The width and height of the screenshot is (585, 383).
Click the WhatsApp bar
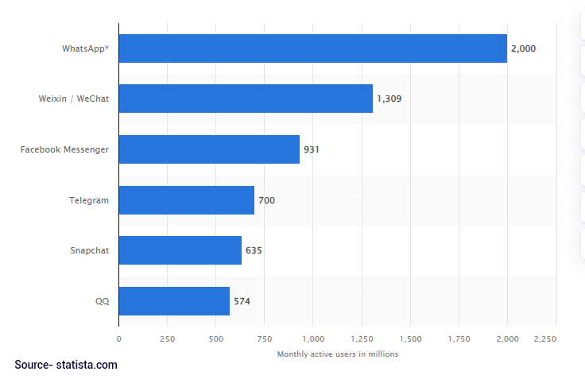click(x=313, y=48)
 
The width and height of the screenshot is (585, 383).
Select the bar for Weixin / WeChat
click(x=246, y=99)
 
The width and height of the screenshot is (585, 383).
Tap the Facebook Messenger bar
click(x=209, y=149)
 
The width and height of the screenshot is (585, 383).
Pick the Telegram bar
click(x=187, y=200)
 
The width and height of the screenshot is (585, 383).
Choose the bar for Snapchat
click(x=180, y=250)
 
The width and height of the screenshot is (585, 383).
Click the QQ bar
click(x=174, y=301)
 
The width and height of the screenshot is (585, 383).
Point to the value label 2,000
click(x=523, y=48)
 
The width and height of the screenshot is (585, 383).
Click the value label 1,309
click(x=389, y=99)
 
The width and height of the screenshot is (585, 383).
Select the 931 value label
click(x=312, y=149)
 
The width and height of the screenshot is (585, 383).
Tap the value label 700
click(x=266, y=200)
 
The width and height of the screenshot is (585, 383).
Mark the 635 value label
click(x=254, y=250)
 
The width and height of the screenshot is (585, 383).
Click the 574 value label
click(x=242, y=301)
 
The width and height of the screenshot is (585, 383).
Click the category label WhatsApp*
click(x=85, y=48)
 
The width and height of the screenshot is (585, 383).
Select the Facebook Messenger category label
click(x=64, y=149)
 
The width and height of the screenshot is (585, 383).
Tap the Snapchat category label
click(x=89, y=250)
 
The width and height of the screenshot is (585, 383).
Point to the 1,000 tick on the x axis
click(x=313, y=339)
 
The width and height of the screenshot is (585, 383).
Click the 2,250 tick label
click(x=545, y=339)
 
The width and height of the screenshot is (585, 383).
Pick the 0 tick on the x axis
click(x=119, y=339)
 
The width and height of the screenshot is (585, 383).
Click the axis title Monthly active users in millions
click(x=337, y=354)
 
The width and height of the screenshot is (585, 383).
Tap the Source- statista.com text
click(x=66, y=365)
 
